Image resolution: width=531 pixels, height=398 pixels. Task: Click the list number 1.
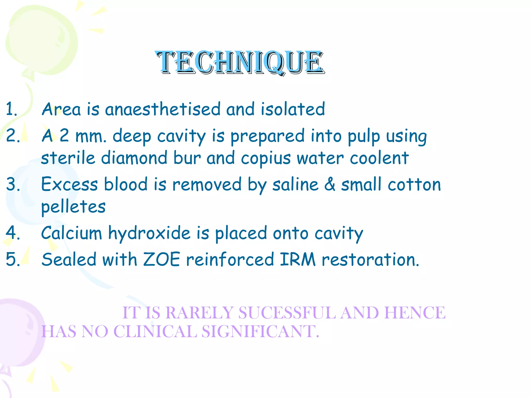click(11, 109)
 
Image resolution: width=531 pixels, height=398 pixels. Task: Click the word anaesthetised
click(163, 109)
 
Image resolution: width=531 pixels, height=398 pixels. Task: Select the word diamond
click(134, 158)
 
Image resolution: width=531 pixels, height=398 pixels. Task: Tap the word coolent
click(379, 158)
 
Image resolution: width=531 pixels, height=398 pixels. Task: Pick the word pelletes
click(73, 207)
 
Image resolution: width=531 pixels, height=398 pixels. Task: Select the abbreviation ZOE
click(162, 259)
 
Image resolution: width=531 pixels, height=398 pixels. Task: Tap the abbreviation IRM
click(298, 259)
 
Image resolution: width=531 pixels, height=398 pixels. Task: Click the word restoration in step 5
click(370, 260)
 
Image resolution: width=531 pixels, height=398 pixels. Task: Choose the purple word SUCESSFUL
click(287, 312)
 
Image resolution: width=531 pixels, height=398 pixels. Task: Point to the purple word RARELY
click(199, 312)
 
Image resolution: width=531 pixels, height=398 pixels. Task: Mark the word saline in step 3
click(295, 184)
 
